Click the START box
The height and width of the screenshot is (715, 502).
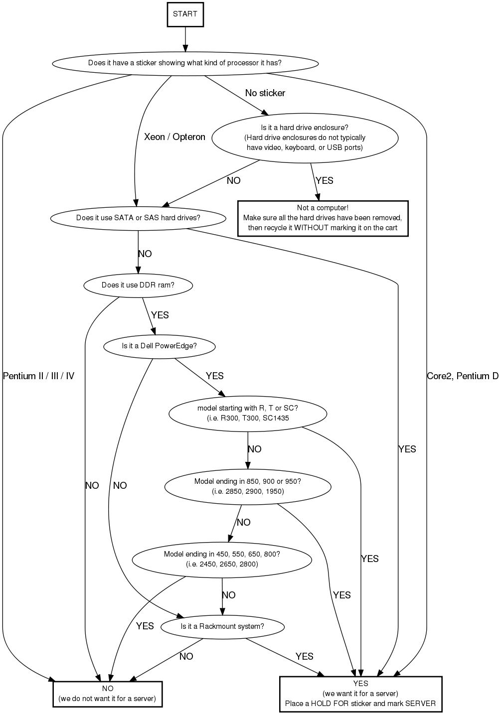tap(185, 14)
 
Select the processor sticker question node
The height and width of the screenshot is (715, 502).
tap(185, 63)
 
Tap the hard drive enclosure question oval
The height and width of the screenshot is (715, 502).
tap(305, 138)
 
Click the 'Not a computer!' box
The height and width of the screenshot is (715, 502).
tap(323, 218)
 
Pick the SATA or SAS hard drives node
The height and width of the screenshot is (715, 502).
tap(138, 218)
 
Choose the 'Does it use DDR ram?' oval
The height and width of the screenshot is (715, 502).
tap(138, 286)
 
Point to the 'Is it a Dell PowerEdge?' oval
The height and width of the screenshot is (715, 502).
tap(159, 346)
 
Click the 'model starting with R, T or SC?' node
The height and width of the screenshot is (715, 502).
tap(248, 413)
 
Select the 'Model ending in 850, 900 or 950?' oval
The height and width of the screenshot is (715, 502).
tap(248, 486)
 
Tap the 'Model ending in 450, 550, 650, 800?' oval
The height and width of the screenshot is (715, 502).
tap(222, 559)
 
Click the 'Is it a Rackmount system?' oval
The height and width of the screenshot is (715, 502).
tap(222, 627)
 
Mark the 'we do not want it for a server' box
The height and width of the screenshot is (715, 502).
tap(108, 694)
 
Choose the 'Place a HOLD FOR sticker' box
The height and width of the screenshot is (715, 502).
tap(360, 694)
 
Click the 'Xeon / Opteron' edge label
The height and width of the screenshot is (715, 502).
tap(174, 137)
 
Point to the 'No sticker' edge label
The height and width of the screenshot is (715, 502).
tap(265, 93)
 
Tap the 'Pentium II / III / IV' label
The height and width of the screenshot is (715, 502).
tap(38, 376)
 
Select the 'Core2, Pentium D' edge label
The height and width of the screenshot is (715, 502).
tap(463, 376)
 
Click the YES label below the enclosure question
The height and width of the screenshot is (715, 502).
tap(325, 181)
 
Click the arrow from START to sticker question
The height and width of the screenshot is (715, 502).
tap(185, 39)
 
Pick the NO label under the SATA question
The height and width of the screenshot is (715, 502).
tap(145, 254)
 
